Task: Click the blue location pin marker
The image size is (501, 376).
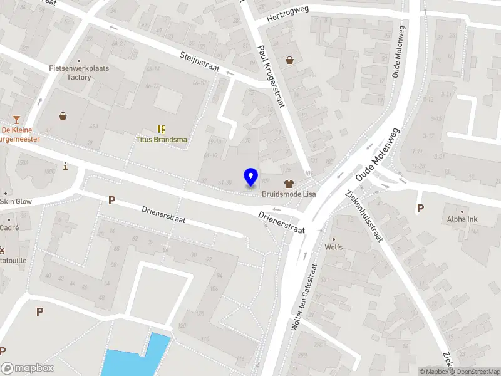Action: [250, 177]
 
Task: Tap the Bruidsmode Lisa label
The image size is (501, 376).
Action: [289, 194]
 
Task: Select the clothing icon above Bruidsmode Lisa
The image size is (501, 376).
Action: [289, 184]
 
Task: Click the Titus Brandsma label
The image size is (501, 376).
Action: [162, 140]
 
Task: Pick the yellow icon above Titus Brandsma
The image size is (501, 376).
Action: [162, 129]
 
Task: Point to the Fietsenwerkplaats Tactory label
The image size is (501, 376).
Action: [79, 73]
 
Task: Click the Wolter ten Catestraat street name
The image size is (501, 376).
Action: [305, 296]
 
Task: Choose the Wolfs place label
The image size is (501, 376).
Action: [333, 247]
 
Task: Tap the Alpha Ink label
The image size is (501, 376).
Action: [462, 219]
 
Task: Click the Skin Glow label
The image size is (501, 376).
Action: [15, 201]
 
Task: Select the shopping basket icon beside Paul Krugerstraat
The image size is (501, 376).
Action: [290, 60]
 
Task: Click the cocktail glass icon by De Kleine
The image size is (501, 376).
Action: [16, 120]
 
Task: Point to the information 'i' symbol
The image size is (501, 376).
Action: [66, 166]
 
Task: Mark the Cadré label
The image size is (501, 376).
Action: [9, 228]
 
